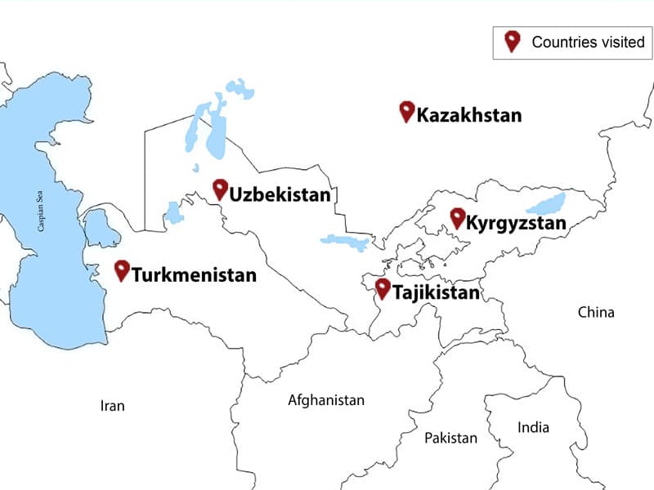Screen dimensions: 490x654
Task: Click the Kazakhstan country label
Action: [x=468, y=115]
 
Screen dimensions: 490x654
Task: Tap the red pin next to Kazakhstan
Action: [x=406, y=111]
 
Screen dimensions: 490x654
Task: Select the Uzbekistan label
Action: [x=280, y=194]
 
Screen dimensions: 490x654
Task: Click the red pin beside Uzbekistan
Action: [x=219, y=189]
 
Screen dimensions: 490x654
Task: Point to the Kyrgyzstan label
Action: [x=515, y=223]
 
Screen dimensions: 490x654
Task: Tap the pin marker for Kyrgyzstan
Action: [x=457, y=217]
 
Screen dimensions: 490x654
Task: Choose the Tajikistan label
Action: [x=435, y=292]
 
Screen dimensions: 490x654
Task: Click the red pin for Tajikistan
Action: [x=382, y=287]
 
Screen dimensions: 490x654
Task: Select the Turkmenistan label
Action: [x=194, y=274]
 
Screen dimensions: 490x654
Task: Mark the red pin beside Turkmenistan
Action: [x=122, y=269]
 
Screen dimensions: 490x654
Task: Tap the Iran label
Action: [x=112, y=405]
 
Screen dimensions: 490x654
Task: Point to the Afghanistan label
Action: [x=325, y=400]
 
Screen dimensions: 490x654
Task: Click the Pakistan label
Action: [x=450, y=438]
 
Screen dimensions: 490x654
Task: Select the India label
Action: [x=533, y=427]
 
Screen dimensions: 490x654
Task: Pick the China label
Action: [x=595, y=312]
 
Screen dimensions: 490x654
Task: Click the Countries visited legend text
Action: [x=588, y=42]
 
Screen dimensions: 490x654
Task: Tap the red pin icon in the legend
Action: [x=513, y=41]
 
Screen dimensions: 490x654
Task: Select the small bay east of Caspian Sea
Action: [x=102, y=229]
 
